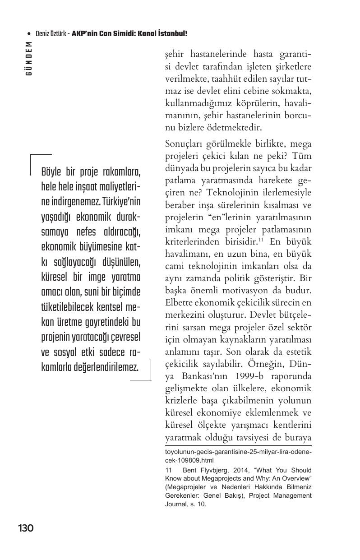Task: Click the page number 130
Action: [x=26, y=528]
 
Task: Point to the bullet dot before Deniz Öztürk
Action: [x=29, y=34]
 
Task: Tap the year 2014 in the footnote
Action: [x=236, y=470]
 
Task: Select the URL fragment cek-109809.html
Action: [x=189, y=460]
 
